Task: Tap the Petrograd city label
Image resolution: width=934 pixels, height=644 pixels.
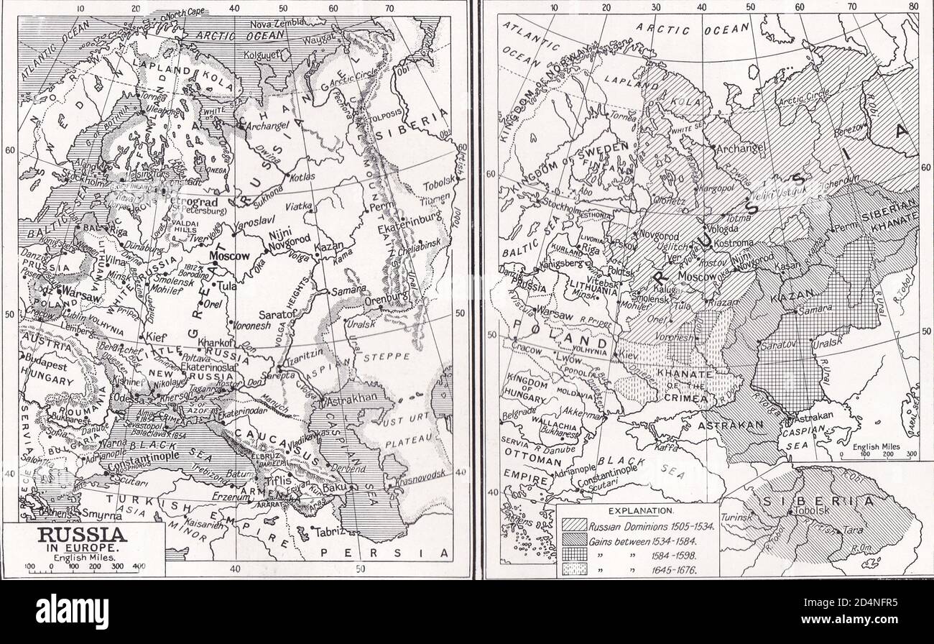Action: [x=202, y=202]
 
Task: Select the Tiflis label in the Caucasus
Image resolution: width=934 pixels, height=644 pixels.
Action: [x=279, y=480]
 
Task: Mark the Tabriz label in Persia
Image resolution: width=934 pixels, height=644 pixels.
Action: [x=328, y=532]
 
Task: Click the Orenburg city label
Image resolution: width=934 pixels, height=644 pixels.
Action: [x=387, y=293]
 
